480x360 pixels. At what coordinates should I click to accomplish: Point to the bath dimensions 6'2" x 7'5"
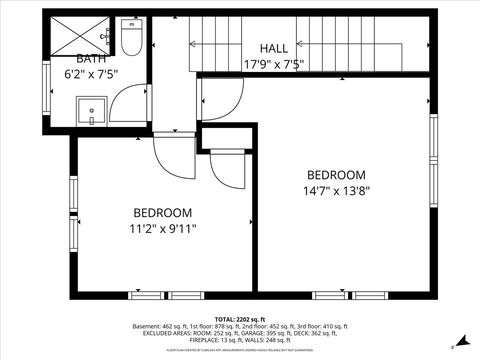[x=92, y=73]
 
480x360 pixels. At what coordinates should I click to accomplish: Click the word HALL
[x=274, y=49]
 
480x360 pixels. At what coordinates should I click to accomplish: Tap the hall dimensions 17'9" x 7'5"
[x=274, y=64]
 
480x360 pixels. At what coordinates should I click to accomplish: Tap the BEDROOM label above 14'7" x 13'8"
[x=336, y=174]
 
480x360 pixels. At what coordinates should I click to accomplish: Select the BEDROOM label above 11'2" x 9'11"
[x=163, y=213]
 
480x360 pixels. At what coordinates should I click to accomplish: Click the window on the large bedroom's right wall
[x=433, y=160]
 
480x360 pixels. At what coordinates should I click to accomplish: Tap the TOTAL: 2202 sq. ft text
[x=240, y=318]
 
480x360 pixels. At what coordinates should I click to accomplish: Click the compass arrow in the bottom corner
[x=453, y=347]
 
